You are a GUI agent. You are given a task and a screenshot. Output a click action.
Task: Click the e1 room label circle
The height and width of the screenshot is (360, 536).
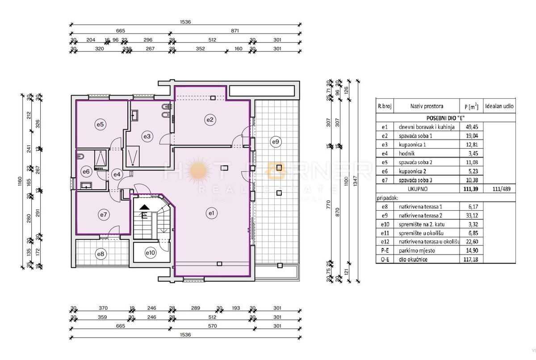click(212, 213)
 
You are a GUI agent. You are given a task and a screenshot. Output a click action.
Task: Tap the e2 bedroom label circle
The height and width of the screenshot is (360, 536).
click(210, 119)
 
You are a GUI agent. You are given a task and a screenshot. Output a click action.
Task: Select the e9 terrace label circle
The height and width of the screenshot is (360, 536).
click(276, 142)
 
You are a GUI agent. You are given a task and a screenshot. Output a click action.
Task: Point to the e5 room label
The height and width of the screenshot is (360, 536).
click(100, 125)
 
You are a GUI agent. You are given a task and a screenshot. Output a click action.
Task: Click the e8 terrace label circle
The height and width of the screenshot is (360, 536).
click(101, 254)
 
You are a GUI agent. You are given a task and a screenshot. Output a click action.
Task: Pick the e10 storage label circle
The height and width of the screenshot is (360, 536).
click(151, 253)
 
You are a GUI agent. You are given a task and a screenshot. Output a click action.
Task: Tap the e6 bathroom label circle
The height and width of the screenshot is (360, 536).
click(86, 171)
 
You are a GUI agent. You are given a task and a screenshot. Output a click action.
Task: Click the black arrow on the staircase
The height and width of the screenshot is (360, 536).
click(144, 207)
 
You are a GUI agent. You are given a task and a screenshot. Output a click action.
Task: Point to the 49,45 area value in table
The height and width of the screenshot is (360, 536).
click(471, 127)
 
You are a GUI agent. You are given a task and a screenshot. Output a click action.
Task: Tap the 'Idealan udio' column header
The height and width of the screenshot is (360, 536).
click(500, 106)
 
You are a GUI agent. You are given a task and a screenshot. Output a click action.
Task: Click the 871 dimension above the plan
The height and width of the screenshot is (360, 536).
click(235, 31)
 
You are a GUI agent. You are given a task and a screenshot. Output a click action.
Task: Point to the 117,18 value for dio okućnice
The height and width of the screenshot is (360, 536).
click(471, 260)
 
